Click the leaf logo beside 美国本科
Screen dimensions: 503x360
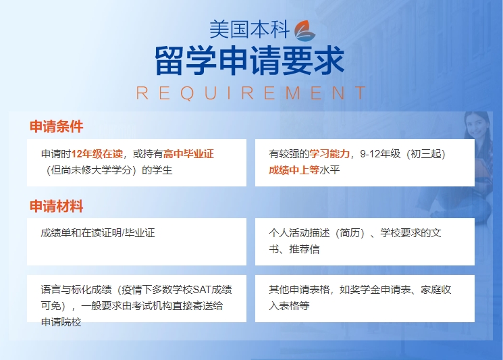coord(305,31)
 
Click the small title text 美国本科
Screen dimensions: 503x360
coord(250,30)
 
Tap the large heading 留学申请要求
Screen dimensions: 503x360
coord(250,61)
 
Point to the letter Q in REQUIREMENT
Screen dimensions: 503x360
coord(187,93)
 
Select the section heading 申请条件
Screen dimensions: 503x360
coord(57,126)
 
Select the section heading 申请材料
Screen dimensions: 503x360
coord(57,206)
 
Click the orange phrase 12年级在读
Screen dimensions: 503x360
coord(97,154)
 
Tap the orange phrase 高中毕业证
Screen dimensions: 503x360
coord(188,154)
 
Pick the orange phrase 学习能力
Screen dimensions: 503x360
coord(329,154)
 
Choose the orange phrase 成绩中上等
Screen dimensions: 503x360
coord(294,170)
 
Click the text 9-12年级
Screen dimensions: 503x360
coord(381,154)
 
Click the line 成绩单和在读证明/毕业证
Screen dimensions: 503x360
coord(98,233)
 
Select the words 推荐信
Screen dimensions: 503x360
coord(305,249)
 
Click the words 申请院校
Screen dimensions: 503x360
coord(61,322)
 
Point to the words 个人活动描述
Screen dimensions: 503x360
coord(299,233)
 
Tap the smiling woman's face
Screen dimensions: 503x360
coord(477,126)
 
